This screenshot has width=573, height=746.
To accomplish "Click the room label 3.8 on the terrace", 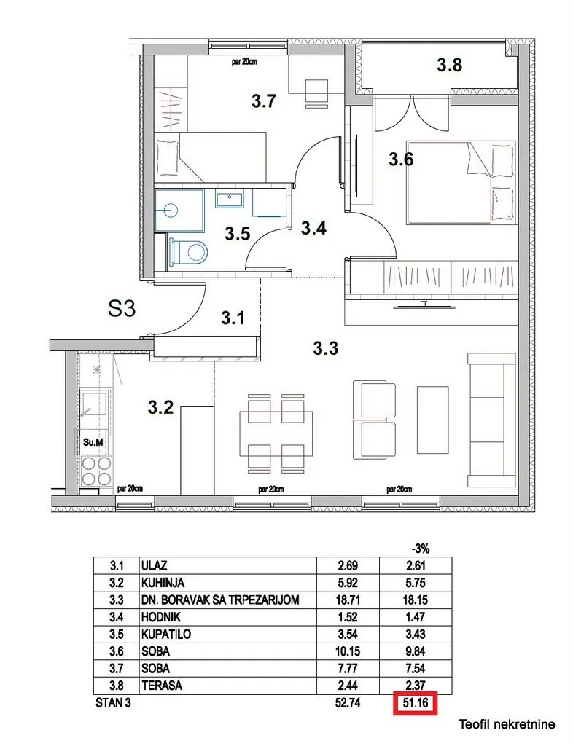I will (x=449, y=66).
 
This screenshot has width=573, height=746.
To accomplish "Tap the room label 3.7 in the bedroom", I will (x=263, y=101).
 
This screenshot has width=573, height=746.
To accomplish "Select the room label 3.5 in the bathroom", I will (x=237, y=234).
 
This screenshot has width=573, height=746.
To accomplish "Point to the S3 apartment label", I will (x=122, y=310).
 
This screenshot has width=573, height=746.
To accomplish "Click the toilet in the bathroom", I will (x=189, y=253).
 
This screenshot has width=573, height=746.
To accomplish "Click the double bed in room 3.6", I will (x=459, y=182).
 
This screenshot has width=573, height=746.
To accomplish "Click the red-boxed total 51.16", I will (x=416, y=704).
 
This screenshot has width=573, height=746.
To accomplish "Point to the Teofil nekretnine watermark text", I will (x=507, y=724).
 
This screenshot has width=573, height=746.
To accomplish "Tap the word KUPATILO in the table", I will (x=166, y=634).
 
